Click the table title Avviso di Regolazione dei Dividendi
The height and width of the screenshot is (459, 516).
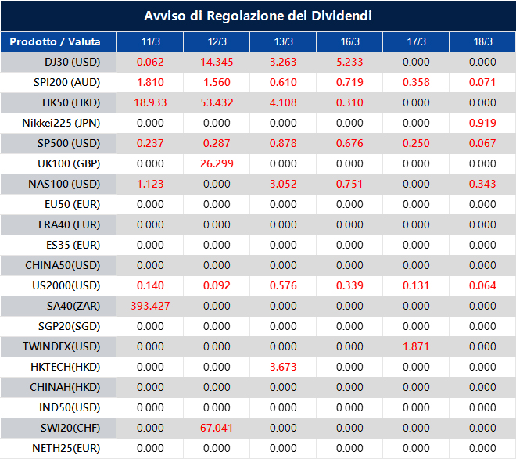point(258,16)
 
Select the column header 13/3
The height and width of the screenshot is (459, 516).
point(283,41)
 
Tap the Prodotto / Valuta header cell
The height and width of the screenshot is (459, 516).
point(59,41)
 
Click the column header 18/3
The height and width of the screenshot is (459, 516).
point(482,41)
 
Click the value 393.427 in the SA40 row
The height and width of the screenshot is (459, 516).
point(150,306)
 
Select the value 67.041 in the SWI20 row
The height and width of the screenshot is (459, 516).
point(217,428)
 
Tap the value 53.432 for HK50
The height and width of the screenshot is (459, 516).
point(217,102)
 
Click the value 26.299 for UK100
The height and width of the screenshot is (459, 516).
point(217,163)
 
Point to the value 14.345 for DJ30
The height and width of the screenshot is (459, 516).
point(217,62)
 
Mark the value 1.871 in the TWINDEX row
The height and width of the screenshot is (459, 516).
point(416,346)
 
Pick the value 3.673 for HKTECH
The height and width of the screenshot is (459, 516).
point(283,367)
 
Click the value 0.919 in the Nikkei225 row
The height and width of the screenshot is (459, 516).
point(482,123)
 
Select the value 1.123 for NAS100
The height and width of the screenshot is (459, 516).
point(150,184)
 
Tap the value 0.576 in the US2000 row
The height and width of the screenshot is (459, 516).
point(283,285)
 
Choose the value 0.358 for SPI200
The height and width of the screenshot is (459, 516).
point(416,82)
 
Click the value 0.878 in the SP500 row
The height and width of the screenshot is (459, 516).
point(283,143)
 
